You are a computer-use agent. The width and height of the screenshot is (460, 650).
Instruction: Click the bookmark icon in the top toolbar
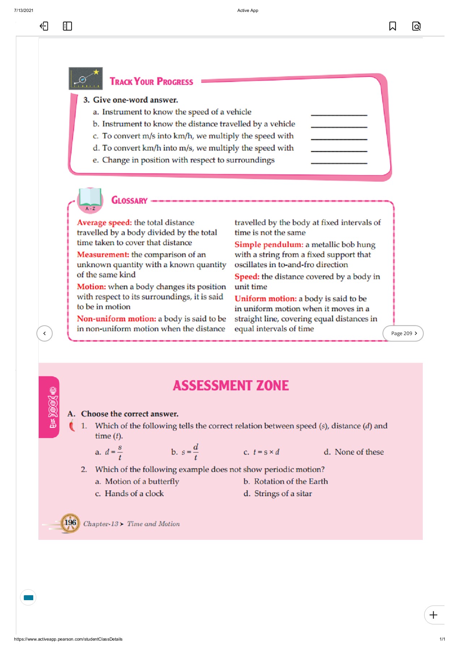(392, 26)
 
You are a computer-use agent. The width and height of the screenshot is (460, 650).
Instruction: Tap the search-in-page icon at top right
(416, 26)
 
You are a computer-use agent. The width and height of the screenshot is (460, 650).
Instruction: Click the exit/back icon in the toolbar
(44, 26)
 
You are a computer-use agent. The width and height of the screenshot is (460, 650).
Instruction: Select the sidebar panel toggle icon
(67, 26)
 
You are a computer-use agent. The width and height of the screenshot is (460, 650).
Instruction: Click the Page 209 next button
(403, 333)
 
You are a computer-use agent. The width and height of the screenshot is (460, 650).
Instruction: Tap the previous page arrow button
(44, 333)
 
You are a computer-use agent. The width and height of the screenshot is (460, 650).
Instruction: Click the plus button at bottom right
(433, 615)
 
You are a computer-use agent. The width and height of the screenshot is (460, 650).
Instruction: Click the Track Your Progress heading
(151, 82)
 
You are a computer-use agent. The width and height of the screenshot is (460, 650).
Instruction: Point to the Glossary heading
(129, 200)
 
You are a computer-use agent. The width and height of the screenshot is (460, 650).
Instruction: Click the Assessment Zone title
(231, 386)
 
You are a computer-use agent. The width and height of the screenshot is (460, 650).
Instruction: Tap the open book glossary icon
(90, 199)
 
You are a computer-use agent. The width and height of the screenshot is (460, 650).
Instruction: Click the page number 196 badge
(70, 523)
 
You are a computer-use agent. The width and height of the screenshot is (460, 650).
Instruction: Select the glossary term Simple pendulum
(268, 244)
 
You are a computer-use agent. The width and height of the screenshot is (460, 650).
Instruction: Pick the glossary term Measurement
(103, 255)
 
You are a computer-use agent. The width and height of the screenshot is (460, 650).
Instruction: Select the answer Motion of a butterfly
(142, 481)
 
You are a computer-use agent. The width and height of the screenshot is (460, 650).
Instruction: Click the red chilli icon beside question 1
(72, 426)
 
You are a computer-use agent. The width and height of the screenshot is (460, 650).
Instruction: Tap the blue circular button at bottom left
(28, 597)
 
